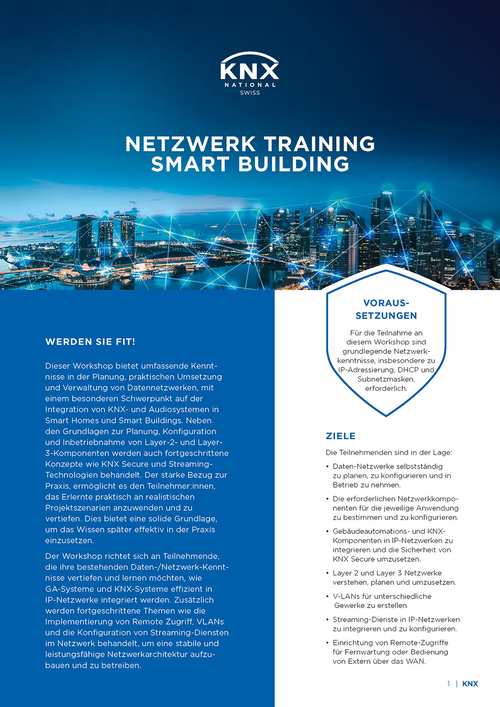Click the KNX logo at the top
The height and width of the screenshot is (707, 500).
(x=249, y=72)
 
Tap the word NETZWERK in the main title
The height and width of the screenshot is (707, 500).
(x=187, y=142)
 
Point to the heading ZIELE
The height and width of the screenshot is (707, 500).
(x=340, y=437)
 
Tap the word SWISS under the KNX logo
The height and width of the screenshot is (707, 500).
(x=249, y=104)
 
